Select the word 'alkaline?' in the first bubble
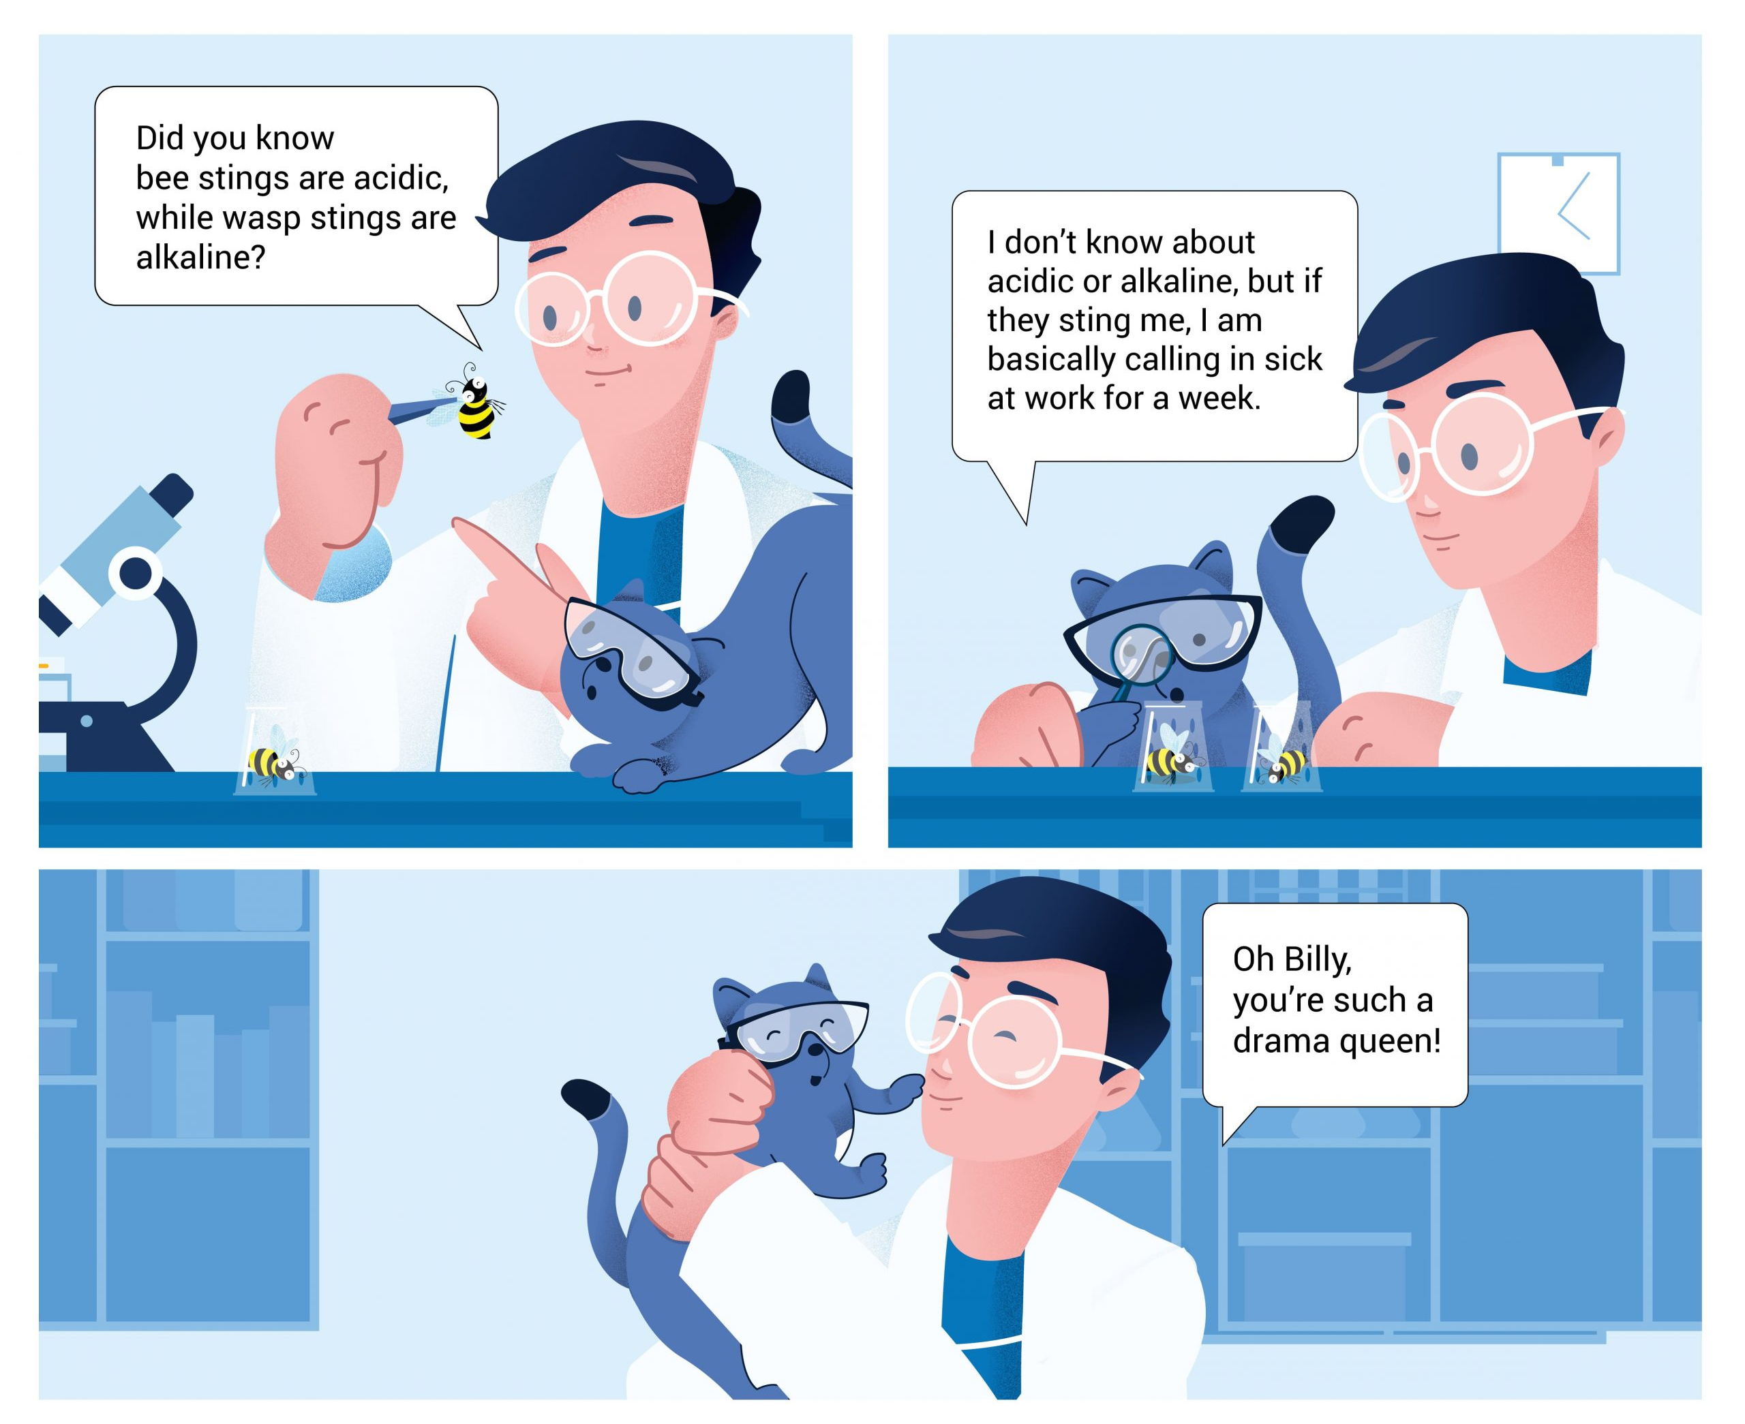coord(201,258)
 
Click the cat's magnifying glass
coord(1140,654)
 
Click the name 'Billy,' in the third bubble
coord(1317,959)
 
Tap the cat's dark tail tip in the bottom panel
coord(584,1098)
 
